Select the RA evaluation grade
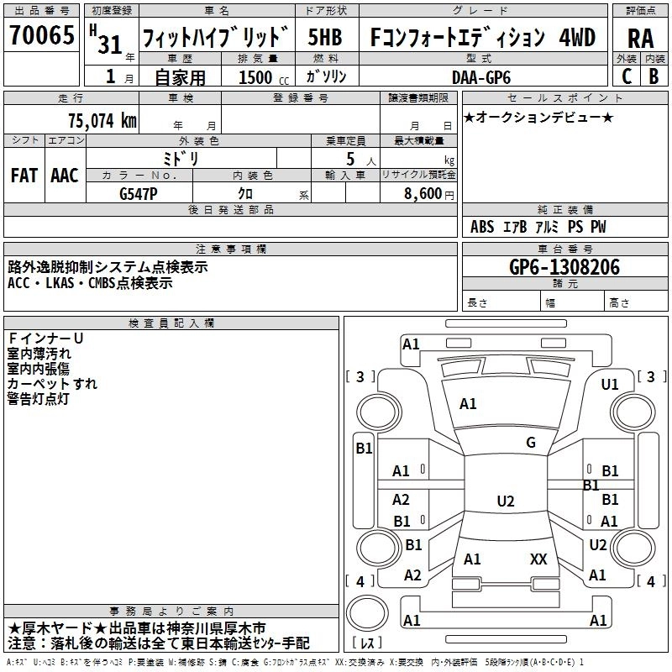pos(640,38)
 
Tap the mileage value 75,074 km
pos(102,121)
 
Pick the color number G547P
pos(139,194)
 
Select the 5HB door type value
pos(324,37)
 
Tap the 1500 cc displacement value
pos(255,77)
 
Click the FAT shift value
pos(24,176)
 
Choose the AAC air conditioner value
pos(64,176)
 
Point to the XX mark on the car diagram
pos(538,559)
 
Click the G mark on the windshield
pos(531,443)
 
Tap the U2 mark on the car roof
pos(505,501)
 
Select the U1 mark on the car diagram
pos(610,385)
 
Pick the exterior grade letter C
pos(626,76)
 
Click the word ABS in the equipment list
pos(482,227)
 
